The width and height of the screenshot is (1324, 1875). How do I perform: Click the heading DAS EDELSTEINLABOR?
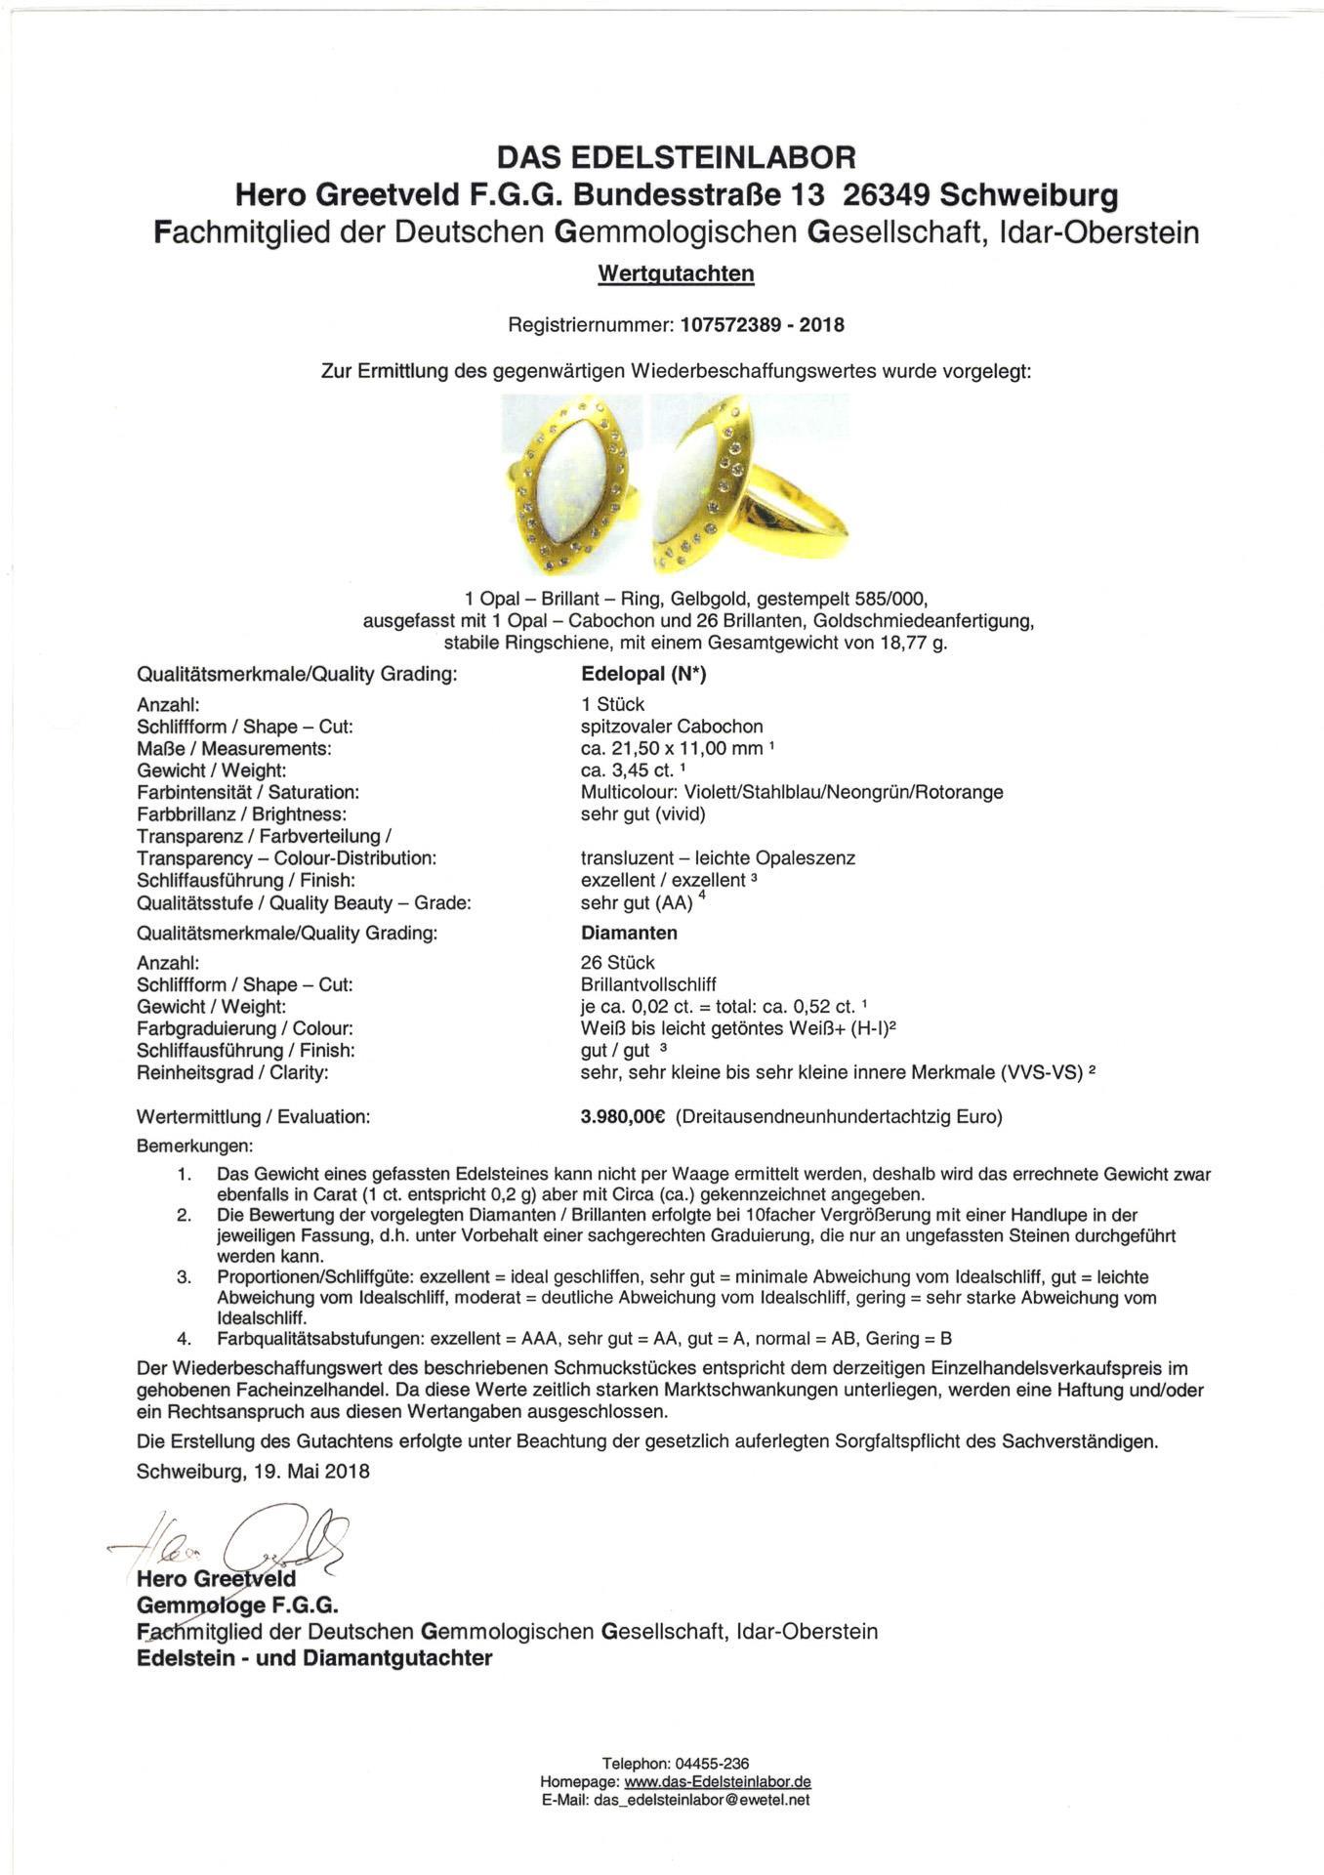(x=676, y=156)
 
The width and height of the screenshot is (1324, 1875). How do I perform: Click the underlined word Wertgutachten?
(x=676, y=273)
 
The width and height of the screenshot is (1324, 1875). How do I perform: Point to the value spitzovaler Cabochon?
(x=672, y=727)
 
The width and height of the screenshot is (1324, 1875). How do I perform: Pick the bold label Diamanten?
(x=629, y=933)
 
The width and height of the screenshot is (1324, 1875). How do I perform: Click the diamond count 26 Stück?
(x=617, y=963)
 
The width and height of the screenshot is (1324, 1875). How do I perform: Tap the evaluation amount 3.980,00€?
(x=623, y=1117)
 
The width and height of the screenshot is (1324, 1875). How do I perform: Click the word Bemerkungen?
(x=195, y=1145)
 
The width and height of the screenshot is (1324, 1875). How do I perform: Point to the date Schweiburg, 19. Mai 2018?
(x=254, y=1471)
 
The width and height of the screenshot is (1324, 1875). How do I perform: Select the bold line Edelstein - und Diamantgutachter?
(x=314, y=1658)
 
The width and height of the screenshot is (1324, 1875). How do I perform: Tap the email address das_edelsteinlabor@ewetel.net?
(x=701, y=1800)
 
